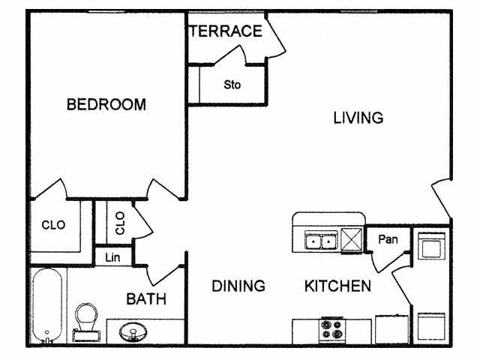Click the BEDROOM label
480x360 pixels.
point(106,104)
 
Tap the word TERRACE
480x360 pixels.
point(226,31)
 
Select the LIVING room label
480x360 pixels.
point(358,118)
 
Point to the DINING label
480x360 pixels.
point(238,286)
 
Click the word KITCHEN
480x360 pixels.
point(337,286)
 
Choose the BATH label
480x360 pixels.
point(145,299)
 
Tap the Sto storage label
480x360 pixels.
point(232,85)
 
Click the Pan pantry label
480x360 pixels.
point(388,240)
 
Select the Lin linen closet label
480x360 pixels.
point(112,256)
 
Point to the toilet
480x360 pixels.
point(87,319)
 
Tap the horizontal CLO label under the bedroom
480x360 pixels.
point(53,224)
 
